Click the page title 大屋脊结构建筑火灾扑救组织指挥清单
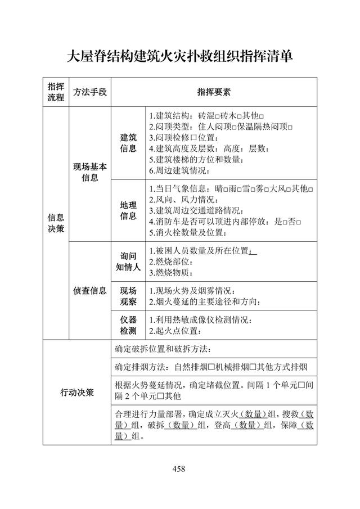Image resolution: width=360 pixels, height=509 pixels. point(180,56)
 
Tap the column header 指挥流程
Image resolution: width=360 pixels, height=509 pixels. point(56,91)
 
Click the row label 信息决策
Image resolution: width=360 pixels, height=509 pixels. point(56,223)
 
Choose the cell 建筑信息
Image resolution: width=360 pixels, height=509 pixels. point(128,143)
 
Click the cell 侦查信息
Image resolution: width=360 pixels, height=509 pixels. point(89,291)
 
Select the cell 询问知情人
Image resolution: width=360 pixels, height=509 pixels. point(128,262)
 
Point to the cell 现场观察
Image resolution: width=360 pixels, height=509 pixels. point(128,296)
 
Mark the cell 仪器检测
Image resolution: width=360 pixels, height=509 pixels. point(128,325)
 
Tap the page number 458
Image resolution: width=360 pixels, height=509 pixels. point(179,469)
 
